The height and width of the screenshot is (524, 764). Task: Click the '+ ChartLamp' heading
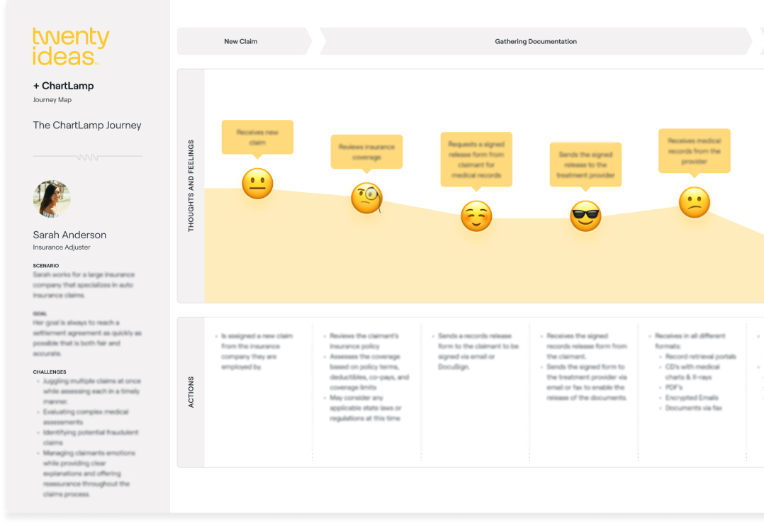pos(63,86)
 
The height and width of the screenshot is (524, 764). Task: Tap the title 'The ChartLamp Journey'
pos(87,126)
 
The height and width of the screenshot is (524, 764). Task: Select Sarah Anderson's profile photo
pos(52,199)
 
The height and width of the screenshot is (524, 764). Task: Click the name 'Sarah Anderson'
pos(69,235)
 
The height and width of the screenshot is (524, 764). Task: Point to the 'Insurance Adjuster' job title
pos(62,247)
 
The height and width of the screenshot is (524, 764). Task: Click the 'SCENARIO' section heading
pos(46,266)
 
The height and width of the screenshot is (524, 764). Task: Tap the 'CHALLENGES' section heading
pos(50,372)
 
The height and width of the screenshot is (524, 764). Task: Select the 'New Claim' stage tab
pos(241,42)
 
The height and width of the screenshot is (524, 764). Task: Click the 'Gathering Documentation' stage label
pos(536,42)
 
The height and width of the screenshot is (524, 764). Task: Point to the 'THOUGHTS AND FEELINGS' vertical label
pos(191,186)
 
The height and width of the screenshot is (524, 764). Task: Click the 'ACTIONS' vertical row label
pos(191,392)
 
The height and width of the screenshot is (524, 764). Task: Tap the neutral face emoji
pos(257,184)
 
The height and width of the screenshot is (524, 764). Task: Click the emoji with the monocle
pos(366,199)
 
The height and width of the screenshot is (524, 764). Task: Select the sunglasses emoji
pos(585,216)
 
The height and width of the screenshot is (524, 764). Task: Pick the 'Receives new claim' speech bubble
pos(257,137)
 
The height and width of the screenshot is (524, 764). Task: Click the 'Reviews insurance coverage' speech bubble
pos(366,152)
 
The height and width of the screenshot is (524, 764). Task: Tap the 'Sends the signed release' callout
pos(585,165)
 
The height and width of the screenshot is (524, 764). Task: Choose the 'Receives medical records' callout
pos(694,150)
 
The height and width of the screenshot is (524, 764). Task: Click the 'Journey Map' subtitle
pos(52,100)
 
